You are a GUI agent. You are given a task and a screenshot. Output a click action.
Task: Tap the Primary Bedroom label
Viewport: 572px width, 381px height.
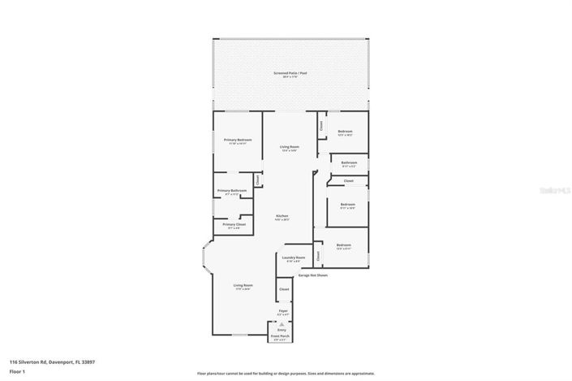pyautogui.click(x=238, y=140)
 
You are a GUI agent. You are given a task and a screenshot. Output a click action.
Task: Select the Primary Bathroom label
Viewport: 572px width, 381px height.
pyautogui.click(x=232, y=190)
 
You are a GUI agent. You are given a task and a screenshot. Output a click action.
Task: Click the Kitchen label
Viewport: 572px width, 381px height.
pyautogui.click(x=282, y=215)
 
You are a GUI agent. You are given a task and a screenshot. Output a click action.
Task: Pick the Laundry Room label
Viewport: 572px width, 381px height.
pyautogui.click(x=294, y=257)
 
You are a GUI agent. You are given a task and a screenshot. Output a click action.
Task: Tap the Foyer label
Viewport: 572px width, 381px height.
pyautogui.click(x=283, y=310)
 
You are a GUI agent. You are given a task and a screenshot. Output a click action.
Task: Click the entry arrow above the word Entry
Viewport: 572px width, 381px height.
pyautogui.click(x=282, y=323)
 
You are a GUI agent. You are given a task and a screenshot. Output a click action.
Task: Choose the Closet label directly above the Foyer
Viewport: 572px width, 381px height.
pyautogui.click(x=284, y=289)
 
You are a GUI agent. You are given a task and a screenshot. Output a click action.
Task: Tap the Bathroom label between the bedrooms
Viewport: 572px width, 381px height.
pyautogui.click(x=349, y=162)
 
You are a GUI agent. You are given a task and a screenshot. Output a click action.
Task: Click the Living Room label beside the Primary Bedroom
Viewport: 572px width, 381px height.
pyautogui.click(x=289, y=147)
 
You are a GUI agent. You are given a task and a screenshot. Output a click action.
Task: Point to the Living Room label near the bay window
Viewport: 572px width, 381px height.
pyautogui.click(x=243, y=285)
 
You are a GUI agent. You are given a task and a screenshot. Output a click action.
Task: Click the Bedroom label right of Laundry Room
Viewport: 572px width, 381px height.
pyautogui.click(x=344, y=245)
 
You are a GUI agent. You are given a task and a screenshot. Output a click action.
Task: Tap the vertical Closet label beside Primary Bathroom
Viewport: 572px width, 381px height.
pyautogui.click(x=258, y=180)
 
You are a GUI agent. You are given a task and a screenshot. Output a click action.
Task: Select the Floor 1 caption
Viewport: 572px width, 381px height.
pyautogui.click(x=15, y=370)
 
